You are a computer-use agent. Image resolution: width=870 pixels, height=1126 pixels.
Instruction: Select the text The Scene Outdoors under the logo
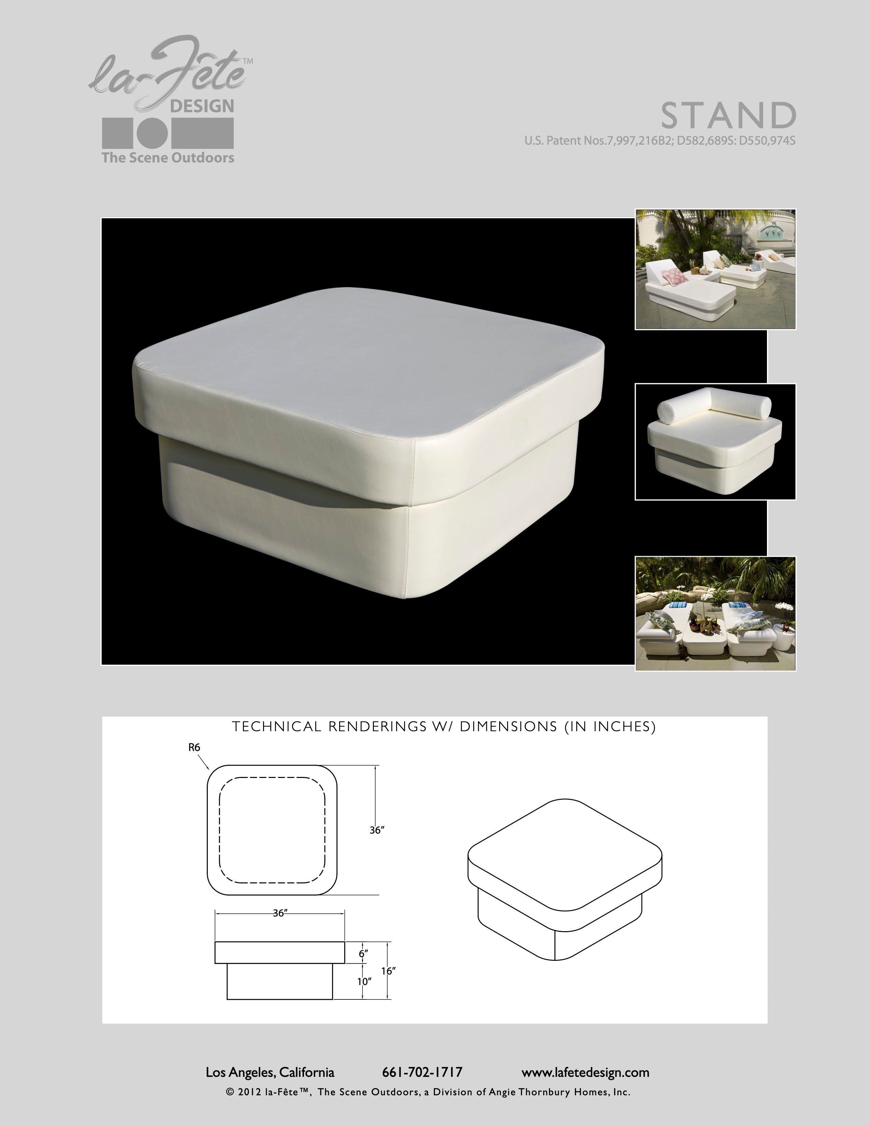click(168, 158)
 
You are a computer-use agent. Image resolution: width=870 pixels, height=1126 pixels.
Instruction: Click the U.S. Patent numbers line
click(660, 140)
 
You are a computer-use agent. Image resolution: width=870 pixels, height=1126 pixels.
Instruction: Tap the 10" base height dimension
click(364, 982)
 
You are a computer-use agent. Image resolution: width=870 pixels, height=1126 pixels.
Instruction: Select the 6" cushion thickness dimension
click(363, 954)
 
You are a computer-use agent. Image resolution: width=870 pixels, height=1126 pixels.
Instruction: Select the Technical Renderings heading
click(444, 726)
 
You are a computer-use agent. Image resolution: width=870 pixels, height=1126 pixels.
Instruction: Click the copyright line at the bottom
click(428, 1092)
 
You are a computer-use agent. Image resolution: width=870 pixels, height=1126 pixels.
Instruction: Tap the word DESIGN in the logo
click(202, 106)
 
